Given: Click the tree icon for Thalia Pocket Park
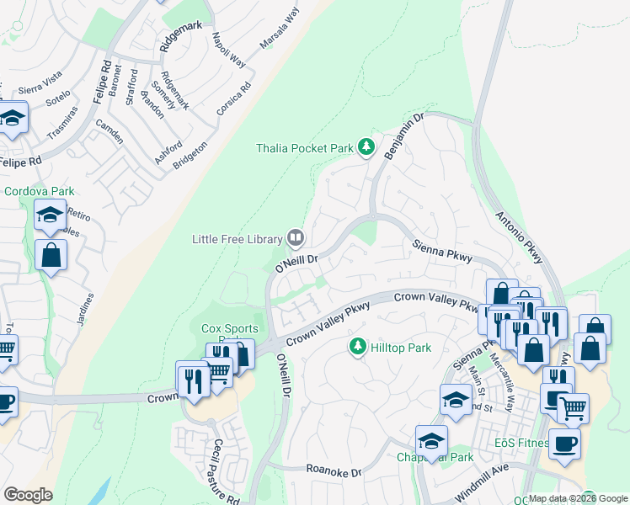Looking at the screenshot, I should click(366, 148).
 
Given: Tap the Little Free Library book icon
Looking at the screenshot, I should click(296, 239).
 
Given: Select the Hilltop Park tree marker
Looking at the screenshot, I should click(358, 347).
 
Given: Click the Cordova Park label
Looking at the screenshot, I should click(40, 191).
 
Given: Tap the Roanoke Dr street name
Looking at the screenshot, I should click(333, 472).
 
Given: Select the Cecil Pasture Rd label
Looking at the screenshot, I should click(225, 472).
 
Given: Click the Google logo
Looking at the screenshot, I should click(29, 495).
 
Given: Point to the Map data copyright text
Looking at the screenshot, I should click(577, 498).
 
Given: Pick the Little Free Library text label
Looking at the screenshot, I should click(237, 240).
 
